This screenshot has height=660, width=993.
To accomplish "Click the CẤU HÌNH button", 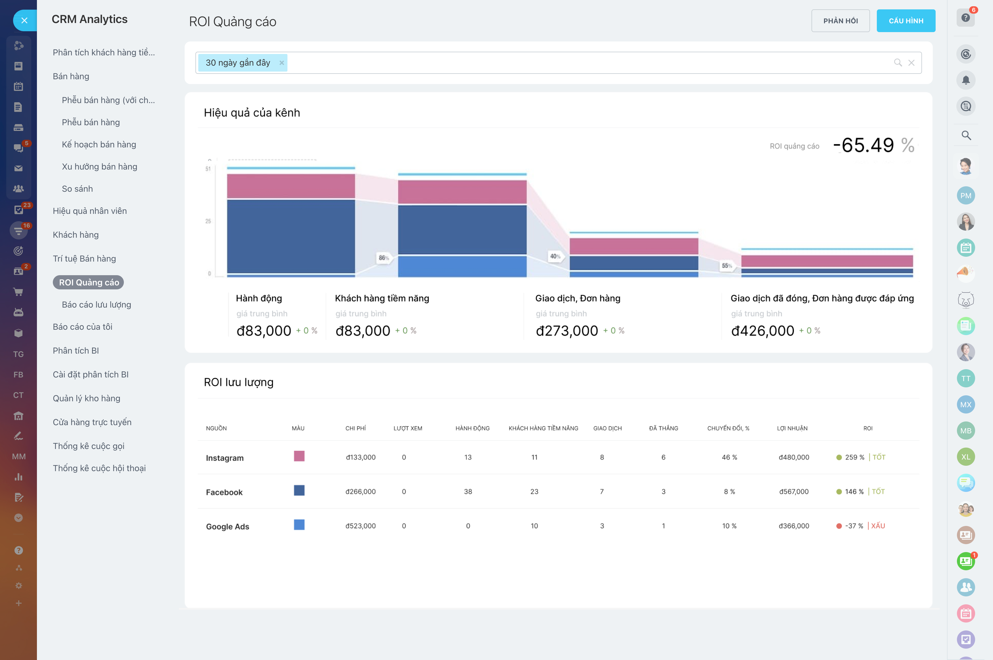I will click(x=906, y=21).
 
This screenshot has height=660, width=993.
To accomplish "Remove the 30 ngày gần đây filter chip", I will click(x=281, y=63).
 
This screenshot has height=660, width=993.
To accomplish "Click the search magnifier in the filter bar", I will click(x=898, y=63).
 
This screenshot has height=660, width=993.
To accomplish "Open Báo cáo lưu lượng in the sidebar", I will click(x=96, y=305).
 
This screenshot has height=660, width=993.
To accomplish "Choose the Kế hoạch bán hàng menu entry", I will click(x=99, y=144).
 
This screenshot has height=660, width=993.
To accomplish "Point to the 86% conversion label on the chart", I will click(x=383, y=258).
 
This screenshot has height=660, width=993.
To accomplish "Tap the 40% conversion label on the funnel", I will click(x=555, y=256).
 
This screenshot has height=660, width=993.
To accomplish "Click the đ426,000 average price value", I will click(x=762, y=331).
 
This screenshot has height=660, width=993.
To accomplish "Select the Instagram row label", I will click(x=225, y=458).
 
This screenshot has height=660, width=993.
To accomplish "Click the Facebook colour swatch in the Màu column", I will click(x=299, y=490).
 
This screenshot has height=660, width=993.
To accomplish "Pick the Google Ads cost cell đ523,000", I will click(x=360, y=526).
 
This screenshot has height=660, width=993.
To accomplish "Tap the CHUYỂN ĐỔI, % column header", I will click(x=728, y=428).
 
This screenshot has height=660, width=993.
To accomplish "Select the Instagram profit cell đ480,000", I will click(x=794, y=457).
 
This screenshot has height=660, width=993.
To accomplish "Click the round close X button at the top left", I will click(x=24, y=20).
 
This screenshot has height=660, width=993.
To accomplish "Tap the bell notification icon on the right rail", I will click(x=966, y=80).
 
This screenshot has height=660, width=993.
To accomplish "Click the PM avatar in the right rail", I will click(x=966, y=195).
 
